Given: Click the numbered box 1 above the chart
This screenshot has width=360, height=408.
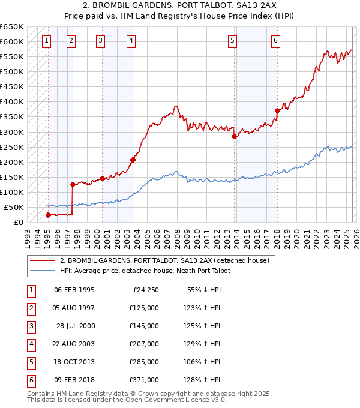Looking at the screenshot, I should (x=47, y=41).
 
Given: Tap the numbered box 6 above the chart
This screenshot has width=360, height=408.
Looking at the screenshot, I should (x=275, y=41).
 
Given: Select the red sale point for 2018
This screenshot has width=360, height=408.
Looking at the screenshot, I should (x=277, y=110).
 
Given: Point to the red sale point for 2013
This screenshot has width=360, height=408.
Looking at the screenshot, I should (x=235, y=136).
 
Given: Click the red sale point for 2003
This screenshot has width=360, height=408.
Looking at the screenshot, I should (x=133, y=160).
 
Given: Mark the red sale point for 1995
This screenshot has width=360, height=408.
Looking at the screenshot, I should (x=48, y=215).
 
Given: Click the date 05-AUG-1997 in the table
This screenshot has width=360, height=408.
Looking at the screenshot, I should (x=74, y=308).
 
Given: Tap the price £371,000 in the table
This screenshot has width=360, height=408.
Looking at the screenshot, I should (x=144, y=380).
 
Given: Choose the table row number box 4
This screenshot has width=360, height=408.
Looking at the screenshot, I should (x=30, y=344).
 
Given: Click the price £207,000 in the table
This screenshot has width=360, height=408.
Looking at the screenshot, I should (x=144, y=344).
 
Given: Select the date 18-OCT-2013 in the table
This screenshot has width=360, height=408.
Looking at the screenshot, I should (x=74, y=362).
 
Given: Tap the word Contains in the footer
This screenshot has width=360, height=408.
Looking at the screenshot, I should (x=41, y=394).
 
